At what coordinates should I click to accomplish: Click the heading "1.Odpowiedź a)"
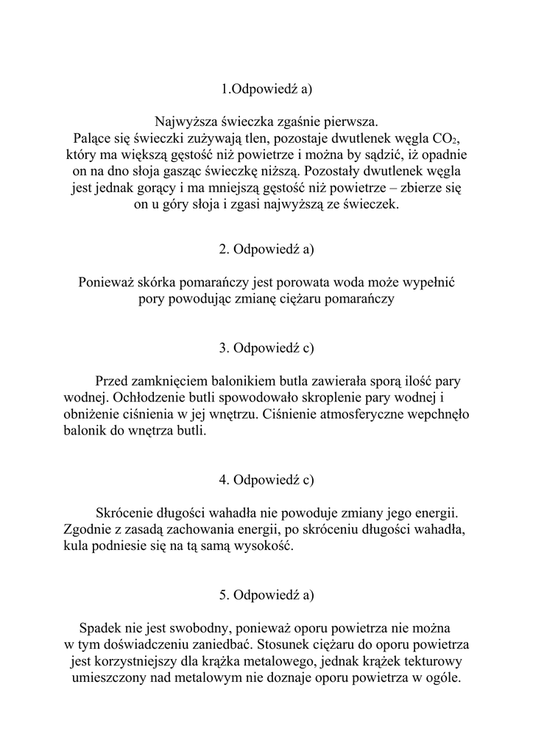tap(266, 89)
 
